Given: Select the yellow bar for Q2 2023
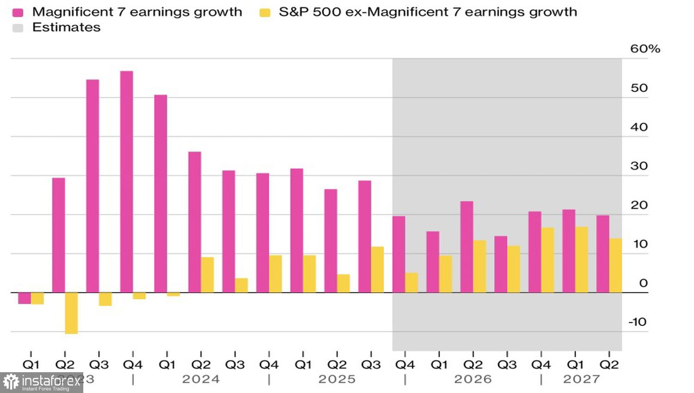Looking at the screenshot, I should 71,313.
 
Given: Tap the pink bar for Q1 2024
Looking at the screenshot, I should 161,194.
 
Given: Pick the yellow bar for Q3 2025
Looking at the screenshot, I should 378,270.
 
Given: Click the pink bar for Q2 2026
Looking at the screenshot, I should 466,247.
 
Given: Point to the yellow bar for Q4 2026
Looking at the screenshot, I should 548,260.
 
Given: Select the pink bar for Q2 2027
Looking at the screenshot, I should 602,254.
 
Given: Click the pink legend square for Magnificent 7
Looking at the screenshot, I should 18,12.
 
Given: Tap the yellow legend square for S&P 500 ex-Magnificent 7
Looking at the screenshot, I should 265,12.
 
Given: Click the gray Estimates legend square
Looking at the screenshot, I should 18,28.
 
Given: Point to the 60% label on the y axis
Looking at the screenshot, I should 644,49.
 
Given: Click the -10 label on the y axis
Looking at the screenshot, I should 637,322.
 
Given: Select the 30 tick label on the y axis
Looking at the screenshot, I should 639,166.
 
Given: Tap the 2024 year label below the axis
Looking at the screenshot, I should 200,380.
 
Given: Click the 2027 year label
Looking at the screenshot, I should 581,380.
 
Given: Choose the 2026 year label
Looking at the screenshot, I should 472,380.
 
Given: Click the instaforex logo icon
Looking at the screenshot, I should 11,382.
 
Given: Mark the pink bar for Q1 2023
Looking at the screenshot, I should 24,298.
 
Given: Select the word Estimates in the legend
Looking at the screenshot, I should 66,28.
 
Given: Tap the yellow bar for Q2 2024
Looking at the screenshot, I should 207,275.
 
